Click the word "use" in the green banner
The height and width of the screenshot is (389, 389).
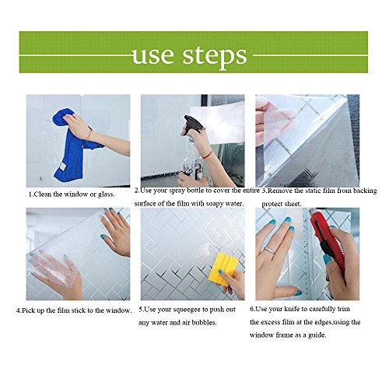tap(152, 55)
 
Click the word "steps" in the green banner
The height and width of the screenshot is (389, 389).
tap(215, 58)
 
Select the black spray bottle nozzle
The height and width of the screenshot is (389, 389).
tap(192, 124)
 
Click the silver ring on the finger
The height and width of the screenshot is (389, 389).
tap(270, 250)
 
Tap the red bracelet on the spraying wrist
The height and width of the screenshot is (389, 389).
tap(208, 155)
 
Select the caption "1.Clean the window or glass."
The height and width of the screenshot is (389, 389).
tap(72, 194)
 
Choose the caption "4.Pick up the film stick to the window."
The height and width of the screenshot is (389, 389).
tap(74, 310)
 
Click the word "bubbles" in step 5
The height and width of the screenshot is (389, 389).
tap(204, 323)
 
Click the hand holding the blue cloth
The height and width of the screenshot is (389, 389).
tap(78, 125)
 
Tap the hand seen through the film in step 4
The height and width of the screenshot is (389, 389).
tap(56, 270)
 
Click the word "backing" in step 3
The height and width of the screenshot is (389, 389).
tap(365, 191)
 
